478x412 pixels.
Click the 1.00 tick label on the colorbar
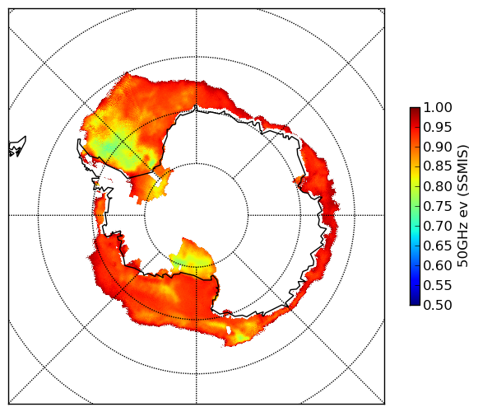pyautogui.click(x=438, y=107)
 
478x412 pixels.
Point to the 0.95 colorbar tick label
pyautogui.click(x=438, y=128)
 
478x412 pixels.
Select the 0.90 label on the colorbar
pyautogui.click(x=438, y=147)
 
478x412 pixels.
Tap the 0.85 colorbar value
pyautogui.click(x=438, y=166)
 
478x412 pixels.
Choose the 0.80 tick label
pyautogui.click(x=438, y=186)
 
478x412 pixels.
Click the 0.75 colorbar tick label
pyautogui.click(x=438, y=206)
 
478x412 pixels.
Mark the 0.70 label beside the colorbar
pyautogui.click(x=438, y=226)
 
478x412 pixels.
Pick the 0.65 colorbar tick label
pyautogui.click(x=438, y=246)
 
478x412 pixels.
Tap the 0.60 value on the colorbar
pyautogui.click(x=438, y=265)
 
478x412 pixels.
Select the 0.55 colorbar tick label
pyautogui.click(x=438, y=285)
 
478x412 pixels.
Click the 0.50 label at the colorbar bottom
pyautogui.click(x=438, y=305)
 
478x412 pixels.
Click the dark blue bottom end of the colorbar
pyautogui.click(x=415, y=302)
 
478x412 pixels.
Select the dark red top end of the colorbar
pyautogui.click(x=415, y=110)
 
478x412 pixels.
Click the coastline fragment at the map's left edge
pyautogui.click(x=17, y=147)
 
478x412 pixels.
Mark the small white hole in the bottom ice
pyautogui.click(x=229, y=330)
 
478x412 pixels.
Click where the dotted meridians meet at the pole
pyautogui.click(x=197, y=215)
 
